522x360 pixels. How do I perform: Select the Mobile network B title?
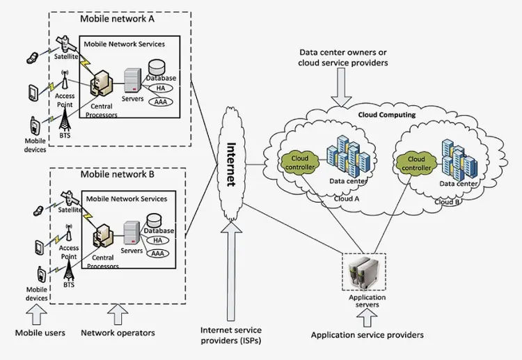pyautogui.click(x=118, y=174)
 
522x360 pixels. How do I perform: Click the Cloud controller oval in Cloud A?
pyautogui.click(x=299, y=163)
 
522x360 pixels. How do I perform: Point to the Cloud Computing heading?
pyautogui.click(x=387, y=115)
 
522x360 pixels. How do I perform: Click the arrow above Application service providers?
pyautogui.click(x=366, y=318)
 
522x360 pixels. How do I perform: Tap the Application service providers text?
pyautogui.click(x=367, y=335)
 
